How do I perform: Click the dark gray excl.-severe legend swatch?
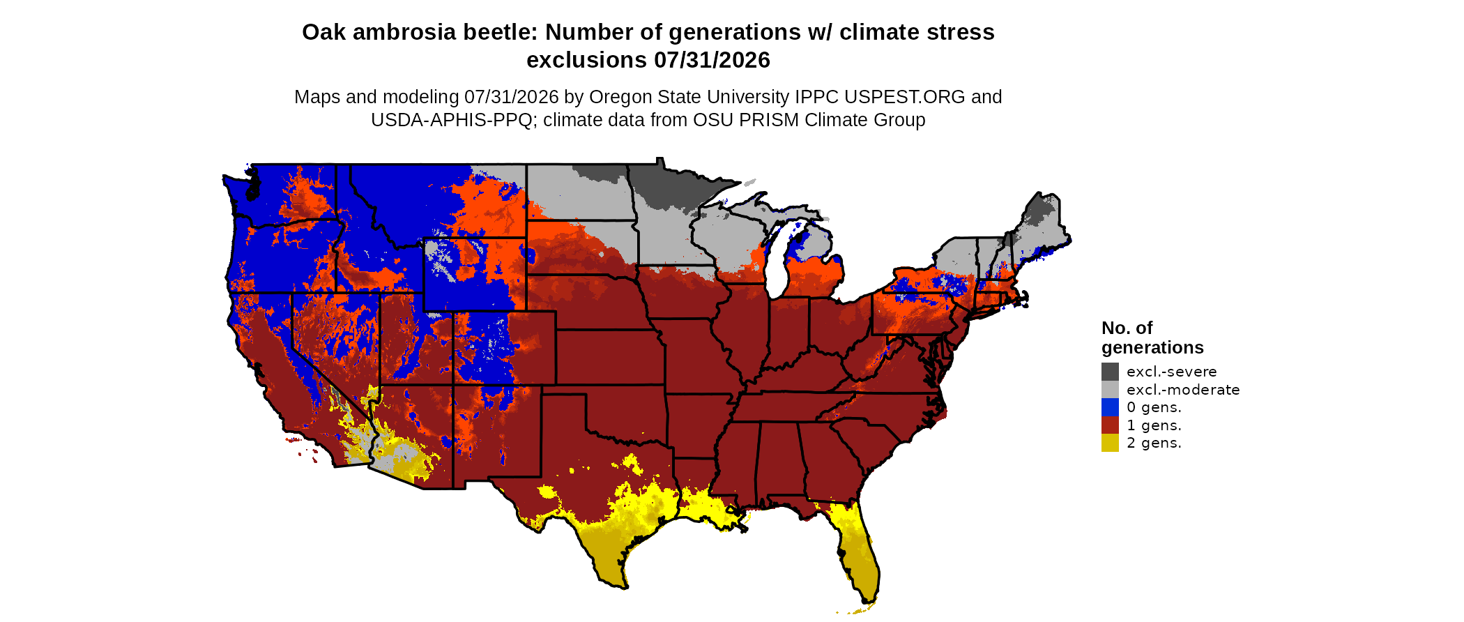click(x=1110, y=372)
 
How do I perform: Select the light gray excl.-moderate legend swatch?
click(x=1110, y=389)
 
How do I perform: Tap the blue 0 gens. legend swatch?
click(x=1110, y=407)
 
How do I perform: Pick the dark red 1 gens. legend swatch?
click(x=1110, y=425)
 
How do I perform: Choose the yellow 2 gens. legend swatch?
click(x=1110, y=443)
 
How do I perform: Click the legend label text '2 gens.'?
click(x=1154, y=443)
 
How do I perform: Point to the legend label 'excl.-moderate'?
click(x=1183, y=390)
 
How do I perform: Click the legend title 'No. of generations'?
click(x=1152, y=337)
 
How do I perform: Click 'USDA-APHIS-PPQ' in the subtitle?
click(x=452, y=120)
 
